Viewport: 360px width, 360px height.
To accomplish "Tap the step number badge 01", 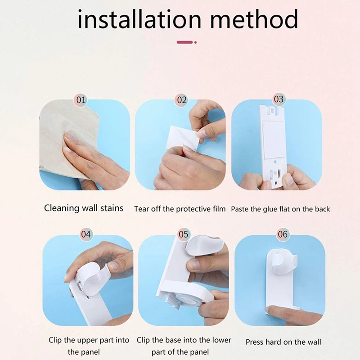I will click(x=81, y=100).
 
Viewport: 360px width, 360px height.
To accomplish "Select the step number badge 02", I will click(x=181, y=100).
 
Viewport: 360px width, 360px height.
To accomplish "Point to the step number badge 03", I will click(x=279, y=99).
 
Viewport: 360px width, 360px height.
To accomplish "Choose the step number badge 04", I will click(x=85, y=234).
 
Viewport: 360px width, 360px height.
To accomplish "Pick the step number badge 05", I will click(x=183, y=234).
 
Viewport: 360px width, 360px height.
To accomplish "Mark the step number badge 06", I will click(x=283, y=234).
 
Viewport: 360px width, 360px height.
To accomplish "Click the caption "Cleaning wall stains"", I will click(x=84, y=208).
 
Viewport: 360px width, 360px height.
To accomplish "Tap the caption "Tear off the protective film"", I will click(x=180, y=209).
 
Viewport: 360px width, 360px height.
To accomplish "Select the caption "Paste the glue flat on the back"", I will click(x=280, y=209).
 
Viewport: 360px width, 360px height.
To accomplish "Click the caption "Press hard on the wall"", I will click(x=283, y=342).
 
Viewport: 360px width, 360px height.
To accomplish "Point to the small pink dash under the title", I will click(x=185, y=42).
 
